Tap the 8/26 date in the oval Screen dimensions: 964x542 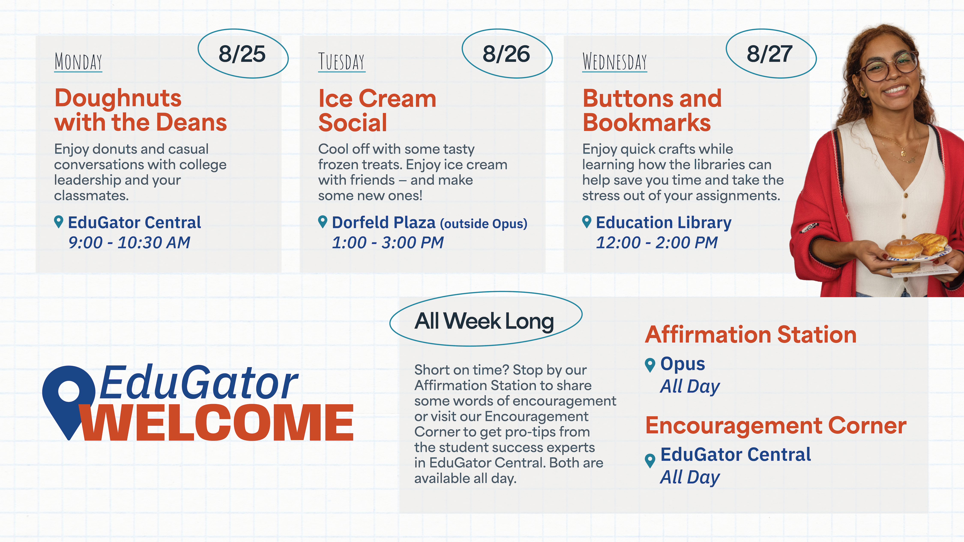(x=506, y=54)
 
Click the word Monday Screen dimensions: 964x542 (x=78, y=62)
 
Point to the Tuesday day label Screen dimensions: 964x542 (x=342, y=62)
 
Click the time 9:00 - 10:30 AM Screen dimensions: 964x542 (x=129, y=242)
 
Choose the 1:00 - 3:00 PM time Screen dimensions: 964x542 (x=388, y=242)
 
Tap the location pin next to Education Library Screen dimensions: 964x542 (x=587, y=221)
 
